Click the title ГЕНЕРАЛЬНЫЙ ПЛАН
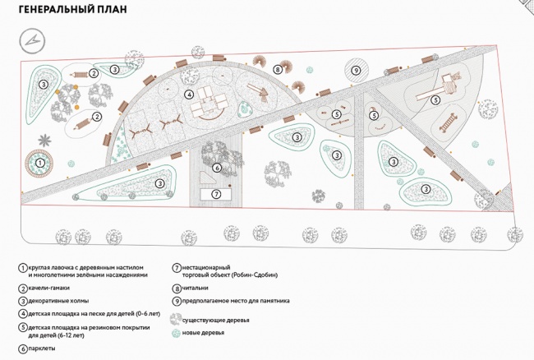72,9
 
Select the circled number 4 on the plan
189,95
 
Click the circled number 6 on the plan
217,168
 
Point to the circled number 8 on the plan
278,70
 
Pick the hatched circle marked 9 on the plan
357,71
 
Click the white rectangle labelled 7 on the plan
216,194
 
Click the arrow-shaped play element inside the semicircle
258,91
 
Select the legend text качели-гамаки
49,288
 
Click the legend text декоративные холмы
58,301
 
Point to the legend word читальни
195,288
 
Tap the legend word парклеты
42,348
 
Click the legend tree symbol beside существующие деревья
176,320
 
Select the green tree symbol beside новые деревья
176,333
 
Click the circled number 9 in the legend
177,301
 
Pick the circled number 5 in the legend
23,328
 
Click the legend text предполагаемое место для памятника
236,301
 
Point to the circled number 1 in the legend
23,268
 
